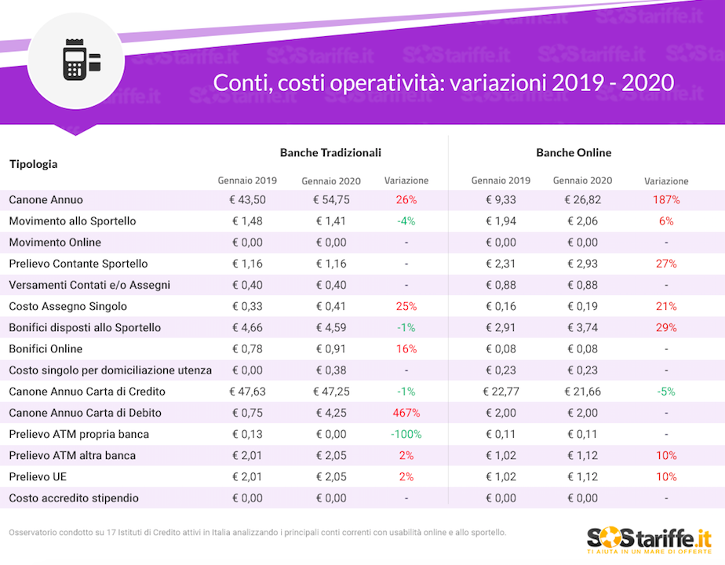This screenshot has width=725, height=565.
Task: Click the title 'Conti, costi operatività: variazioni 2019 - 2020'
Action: [x=444, y=82]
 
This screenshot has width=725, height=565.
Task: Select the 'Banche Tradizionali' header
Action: [x=330, y=152]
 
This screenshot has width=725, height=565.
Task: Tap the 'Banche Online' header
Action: [x=574, y=152]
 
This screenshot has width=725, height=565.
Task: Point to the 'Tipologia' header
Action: [x=33, y=164]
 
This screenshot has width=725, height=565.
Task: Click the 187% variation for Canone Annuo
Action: [x=666, y=200]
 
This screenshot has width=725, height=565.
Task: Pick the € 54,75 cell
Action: [x=331, y=200]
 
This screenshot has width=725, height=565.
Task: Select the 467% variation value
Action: [x=406, y=413]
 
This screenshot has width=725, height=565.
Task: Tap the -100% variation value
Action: [x=406, y=434]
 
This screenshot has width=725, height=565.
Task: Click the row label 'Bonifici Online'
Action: [x=46, y=348]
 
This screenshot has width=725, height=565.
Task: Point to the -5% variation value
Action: [x=666, y=392]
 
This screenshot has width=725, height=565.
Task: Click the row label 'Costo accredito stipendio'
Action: [x=74, y=498]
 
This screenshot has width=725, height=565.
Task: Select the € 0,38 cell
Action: [x=331, y=370]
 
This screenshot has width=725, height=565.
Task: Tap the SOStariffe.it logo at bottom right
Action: [x=649, y=539]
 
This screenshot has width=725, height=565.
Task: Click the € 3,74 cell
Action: [x=581, y=327]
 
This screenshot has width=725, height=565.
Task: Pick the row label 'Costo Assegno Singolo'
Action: [x=67, y=306]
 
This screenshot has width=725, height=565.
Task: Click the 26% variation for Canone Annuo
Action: [x=406, y=200]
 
